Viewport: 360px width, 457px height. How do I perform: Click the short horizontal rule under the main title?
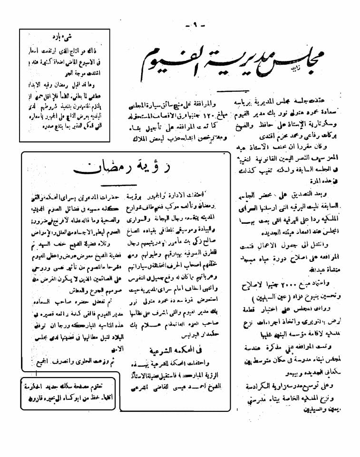(233, 90)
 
